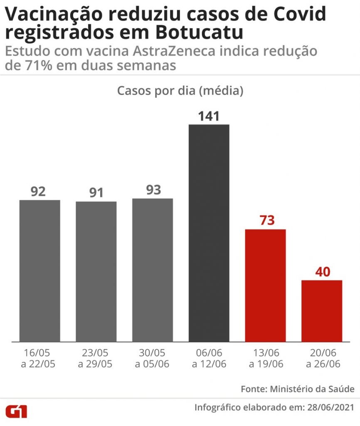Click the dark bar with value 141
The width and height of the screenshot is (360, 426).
(209, 233)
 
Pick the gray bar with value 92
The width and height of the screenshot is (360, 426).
(40, 271)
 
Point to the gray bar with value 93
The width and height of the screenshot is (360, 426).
(153, 270)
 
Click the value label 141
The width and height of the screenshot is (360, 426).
(209, 116)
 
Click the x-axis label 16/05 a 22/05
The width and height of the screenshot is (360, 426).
(40, 358)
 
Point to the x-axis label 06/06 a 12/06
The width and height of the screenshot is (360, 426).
(209, 358)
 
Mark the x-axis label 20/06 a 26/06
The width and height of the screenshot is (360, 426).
(322, 358)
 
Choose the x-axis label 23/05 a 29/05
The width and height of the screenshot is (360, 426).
(96, 358)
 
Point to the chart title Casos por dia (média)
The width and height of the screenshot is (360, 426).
(180, 91)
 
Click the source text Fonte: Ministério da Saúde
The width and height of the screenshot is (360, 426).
(298, 389)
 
